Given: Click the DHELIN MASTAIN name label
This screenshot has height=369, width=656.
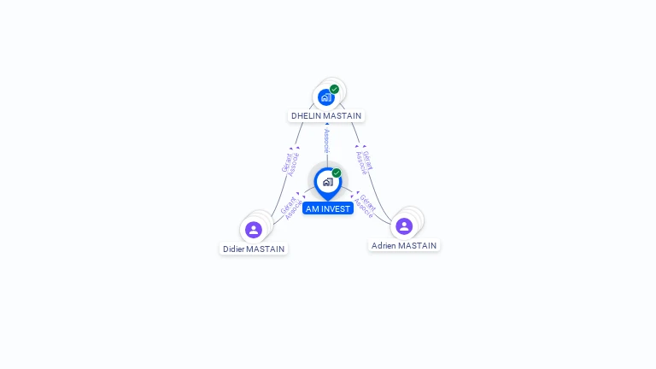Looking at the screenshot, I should coord(326,116).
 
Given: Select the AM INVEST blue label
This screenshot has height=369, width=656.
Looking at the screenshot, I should coord(327,208).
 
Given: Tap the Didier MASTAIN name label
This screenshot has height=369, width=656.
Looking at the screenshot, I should coord(254,249).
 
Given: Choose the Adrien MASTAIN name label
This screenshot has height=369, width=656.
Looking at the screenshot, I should coord(404,246).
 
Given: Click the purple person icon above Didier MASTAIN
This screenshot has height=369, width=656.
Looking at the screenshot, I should coord(254,230).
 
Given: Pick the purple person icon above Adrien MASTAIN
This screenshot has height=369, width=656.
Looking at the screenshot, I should coord(404,226).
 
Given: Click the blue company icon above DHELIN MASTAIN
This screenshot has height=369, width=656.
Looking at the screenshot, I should coord(325,97).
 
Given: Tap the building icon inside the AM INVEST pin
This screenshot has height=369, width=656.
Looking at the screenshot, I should coord(327,182).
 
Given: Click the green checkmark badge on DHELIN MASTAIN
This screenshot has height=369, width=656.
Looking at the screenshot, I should coord(335,89).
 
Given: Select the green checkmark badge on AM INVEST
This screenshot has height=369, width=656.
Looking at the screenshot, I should coord(337,173).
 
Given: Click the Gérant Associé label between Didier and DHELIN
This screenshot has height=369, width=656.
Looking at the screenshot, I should coord(290,161).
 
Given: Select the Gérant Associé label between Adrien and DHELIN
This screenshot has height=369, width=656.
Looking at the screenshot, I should coord(364,161).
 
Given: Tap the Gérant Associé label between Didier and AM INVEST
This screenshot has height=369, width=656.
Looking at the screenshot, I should coord(290,208).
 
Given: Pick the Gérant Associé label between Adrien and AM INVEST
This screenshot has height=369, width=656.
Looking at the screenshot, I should coord(365,206).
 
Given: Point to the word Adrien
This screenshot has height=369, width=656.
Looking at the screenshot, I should coord(384,246).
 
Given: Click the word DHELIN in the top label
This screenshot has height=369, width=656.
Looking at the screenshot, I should coord(307,116).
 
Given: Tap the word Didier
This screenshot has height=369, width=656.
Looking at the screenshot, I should coord(234,249).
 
